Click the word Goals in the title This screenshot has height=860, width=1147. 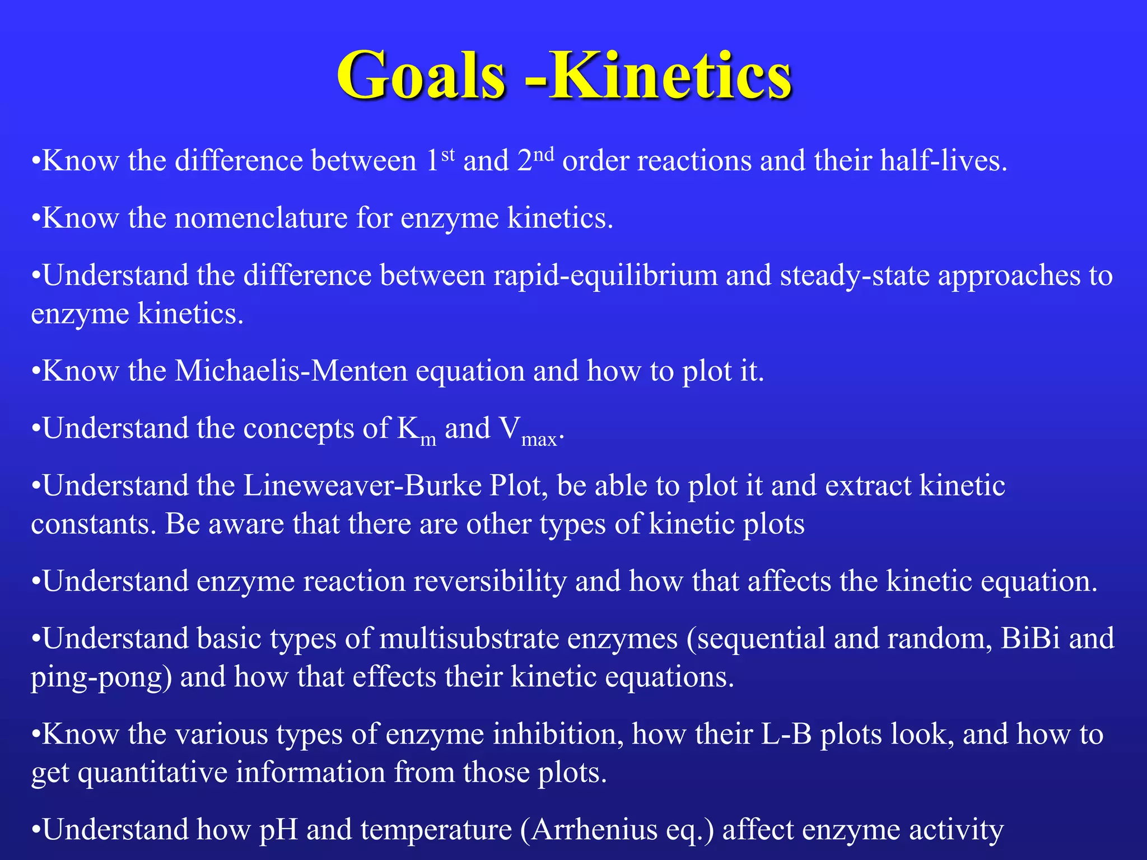click(x=421, y=76)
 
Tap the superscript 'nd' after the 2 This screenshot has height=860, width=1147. click(x=543, y=154)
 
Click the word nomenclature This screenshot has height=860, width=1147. click(x=261, y=218)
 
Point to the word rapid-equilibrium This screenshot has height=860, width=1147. click(x=605, y=275)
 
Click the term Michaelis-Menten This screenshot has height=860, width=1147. click(x=291, y=371)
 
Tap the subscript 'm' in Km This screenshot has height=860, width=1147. click(x=428, y=440)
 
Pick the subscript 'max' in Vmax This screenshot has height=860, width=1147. click(x=539, y=440)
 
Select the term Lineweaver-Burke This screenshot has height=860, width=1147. click(x=362, y=485)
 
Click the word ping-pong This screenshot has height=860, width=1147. click(x=101, y=677)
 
